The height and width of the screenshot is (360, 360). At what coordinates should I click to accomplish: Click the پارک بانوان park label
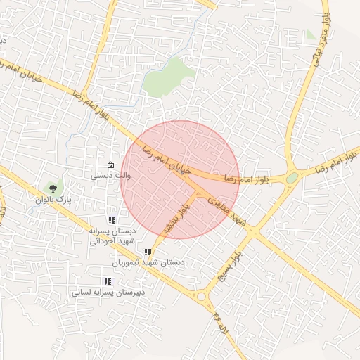(49, 200)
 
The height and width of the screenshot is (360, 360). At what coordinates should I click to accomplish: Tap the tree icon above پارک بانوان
(52, 188)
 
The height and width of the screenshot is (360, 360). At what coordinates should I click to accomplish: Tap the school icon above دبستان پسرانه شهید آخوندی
(111, 220)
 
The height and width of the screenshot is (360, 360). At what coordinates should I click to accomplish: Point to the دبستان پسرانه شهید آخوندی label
(110, 235)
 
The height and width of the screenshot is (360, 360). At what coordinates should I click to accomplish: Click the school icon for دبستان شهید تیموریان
(147, 252)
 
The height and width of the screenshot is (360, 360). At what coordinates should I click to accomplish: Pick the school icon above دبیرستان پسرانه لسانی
(107, 281)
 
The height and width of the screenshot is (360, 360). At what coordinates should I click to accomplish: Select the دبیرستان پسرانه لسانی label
(107, 291)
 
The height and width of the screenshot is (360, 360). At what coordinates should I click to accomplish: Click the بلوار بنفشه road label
(176, 219)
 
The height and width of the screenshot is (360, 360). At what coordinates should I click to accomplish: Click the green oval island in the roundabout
(292, 179)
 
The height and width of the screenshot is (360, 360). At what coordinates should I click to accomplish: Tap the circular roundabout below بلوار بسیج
(202, 297)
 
